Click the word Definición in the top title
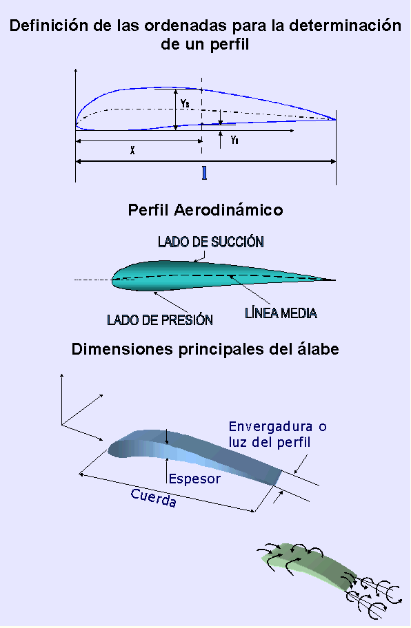click(x=48, y=25)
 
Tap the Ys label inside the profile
click(x=185, y=103)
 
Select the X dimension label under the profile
click(x=132, y=150)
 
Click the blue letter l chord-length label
click(x=205, y=173)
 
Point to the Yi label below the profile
click(x=235, y=140)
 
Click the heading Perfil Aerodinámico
click(x=205, y=210)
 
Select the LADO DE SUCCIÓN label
click(x=211, y=242)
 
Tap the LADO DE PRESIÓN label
click(x=160, y=320)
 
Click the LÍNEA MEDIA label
click(x=281, y=313)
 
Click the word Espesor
click(x=195, y=479)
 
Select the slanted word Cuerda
click(x=154, y=498)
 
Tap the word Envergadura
click(x=271, y=426)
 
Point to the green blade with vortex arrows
click(x=309, y=565)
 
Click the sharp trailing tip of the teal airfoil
click(x=335, y=280)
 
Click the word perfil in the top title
click(x=230, y=45)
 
